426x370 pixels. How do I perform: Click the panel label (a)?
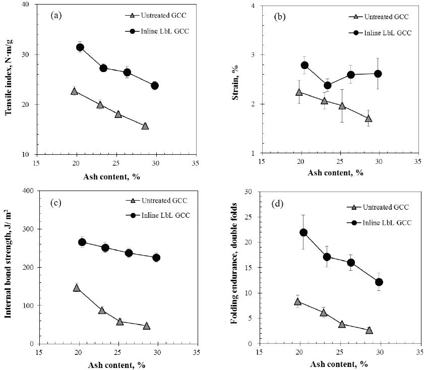pos(56,15)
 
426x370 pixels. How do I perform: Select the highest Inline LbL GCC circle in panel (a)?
pos(80,47)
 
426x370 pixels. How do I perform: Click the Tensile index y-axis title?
pos(9,79)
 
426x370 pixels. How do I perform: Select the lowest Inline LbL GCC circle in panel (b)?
pos(328,85)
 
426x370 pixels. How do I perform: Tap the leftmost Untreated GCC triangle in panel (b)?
pos(299,92)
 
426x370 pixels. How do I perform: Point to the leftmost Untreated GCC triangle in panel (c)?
pos(77,287)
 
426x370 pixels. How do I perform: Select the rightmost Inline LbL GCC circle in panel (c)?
pos(156,258)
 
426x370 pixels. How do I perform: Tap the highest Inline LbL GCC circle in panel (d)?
pos(303,232)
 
